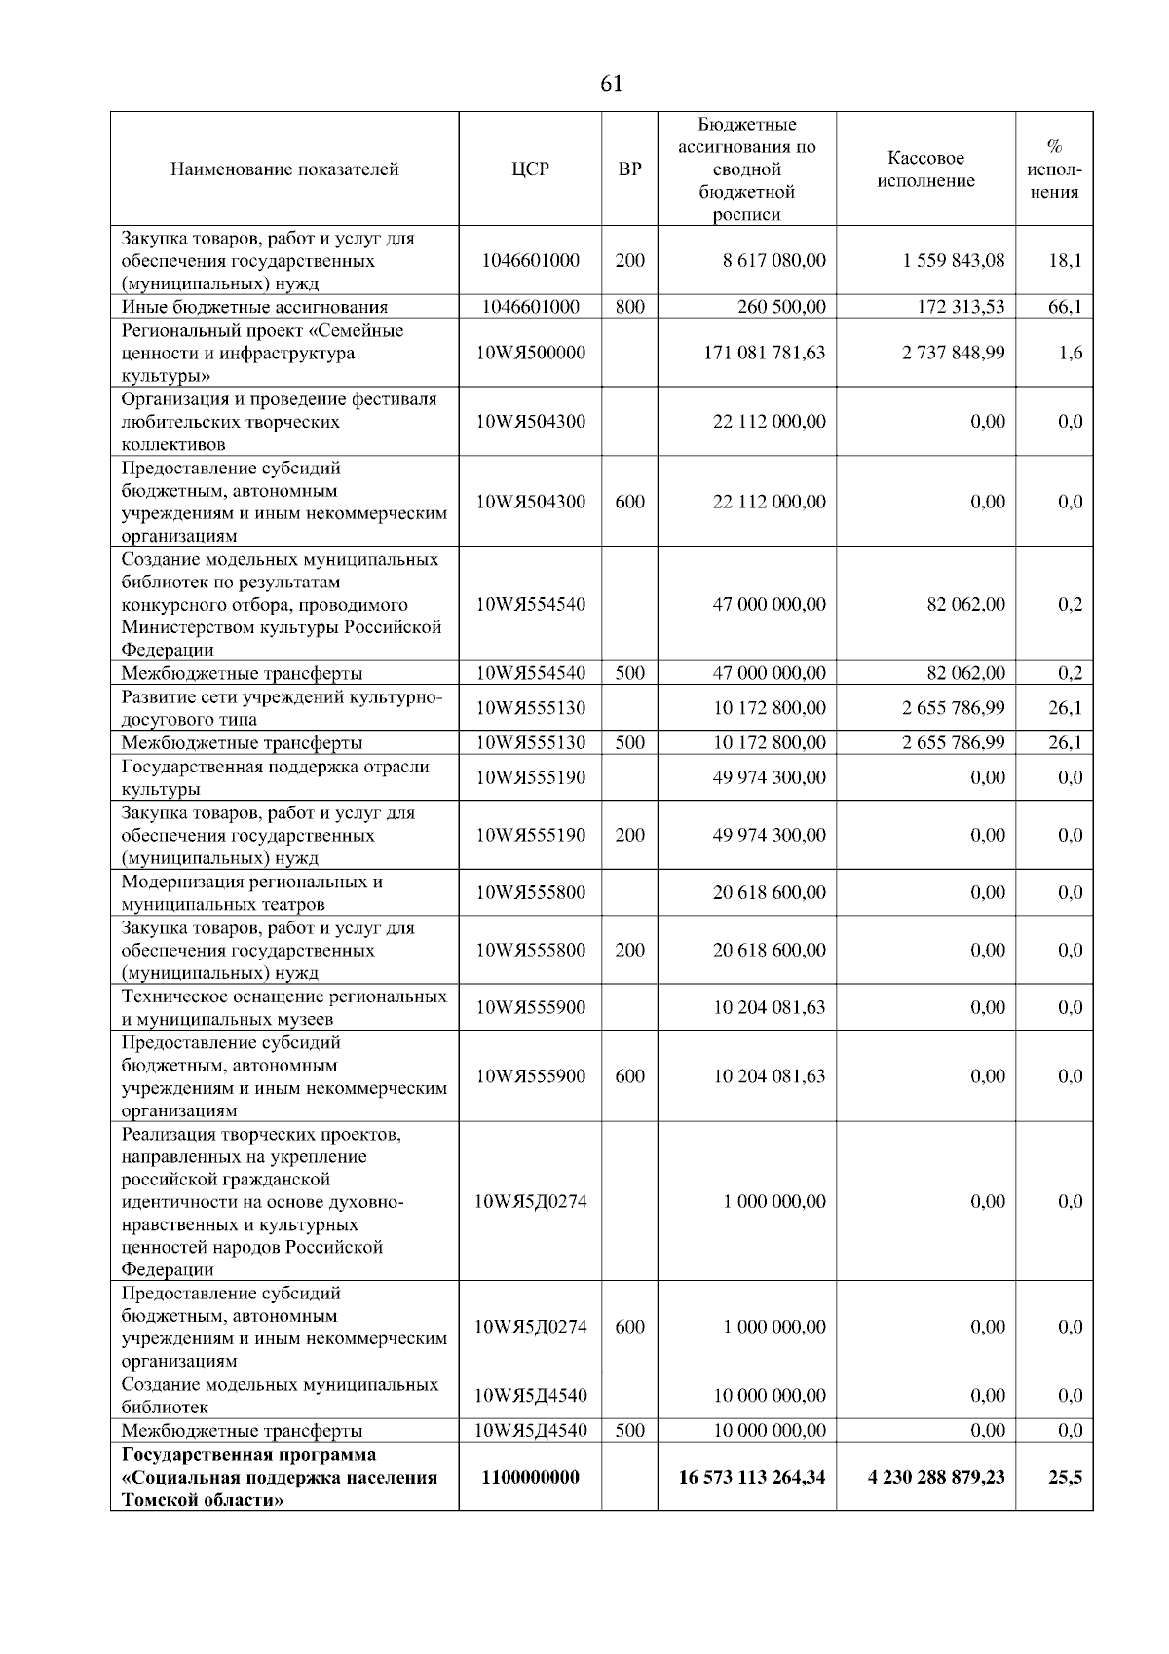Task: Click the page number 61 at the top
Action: [x=611, y=84]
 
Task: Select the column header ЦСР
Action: [x=530, y=169]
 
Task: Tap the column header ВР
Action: [x=629, y=169]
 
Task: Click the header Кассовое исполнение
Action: [x=925, y=169]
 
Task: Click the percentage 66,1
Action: [x=1065, y=307]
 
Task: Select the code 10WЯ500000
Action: [x=530, y=353]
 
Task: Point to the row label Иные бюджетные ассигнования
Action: [x=254, y=307]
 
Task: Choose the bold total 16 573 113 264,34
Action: [x=751, y=1477]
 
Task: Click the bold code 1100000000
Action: [x=530, y=1477]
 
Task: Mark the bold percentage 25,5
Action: [x=1065, y=1477]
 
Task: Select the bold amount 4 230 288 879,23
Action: [x=936, y=1477]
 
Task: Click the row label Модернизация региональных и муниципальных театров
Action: [x=251, y=893]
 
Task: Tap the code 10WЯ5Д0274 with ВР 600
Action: [x=530, y=1327]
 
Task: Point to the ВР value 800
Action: [x=629, y=307]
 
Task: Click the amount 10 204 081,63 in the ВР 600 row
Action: [x=769, y=1076]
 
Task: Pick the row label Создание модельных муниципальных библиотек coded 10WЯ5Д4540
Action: [x=280, y=1396]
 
